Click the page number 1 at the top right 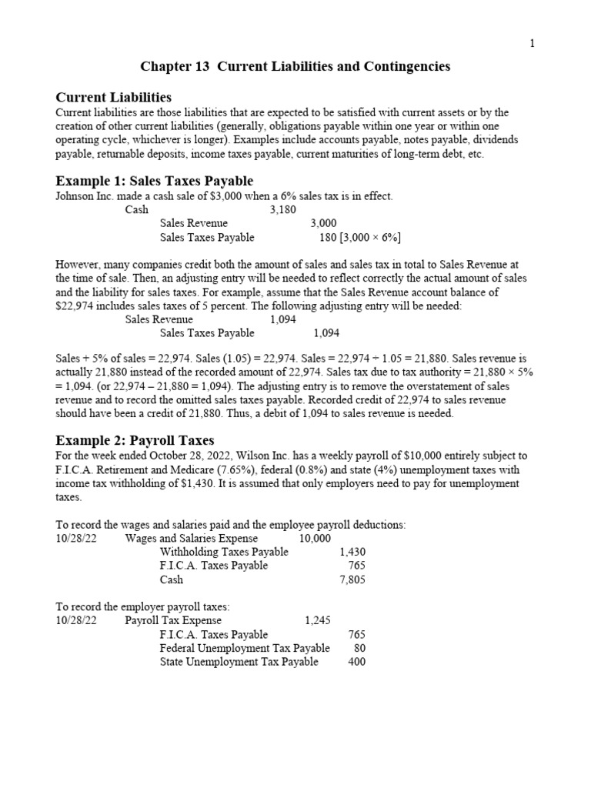coord(532,44)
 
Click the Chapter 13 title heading coord(295,67)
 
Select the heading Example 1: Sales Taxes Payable coord(154,181)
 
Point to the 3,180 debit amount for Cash coord(283,209)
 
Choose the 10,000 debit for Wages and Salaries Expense coord(316,538)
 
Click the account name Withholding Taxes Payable coord(224,552)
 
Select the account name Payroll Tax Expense coord(173,620)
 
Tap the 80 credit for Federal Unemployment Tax coord(359,648)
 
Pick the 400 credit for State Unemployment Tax coord(356,662)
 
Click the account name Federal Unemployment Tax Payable coord(245,648)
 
